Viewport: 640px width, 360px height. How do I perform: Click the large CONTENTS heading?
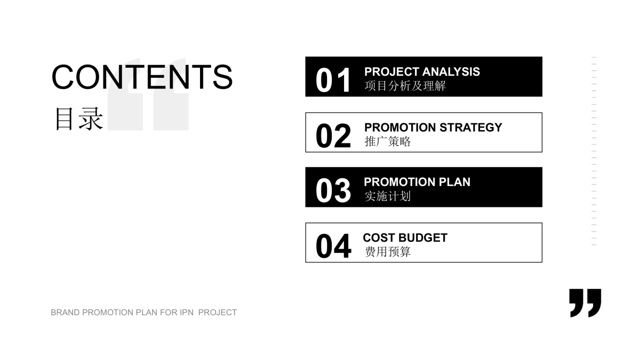point(142,77)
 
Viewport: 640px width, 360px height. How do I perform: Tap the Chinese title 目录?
point(79,119)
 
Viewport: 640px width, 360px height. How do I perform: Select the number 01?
point(333,81)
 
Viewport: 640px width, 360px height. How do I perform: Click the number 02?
point(333,135)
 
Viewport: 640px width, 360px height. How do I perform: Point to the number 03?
point(333,190)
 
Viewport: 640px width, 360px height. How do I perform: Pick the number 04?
point(333,246)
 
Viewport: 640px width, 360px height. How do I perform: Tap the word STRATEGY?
point(470,127)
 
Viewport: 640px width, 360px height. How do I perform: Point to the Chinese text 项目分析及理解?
point(405,86)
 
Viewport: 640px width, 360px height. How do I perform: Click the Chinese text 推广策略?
point(387,141)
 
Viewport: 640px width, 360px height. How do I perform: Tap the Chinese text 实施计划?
point(387,196)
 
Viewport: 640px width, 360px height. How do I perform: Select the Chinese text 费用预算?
point(387,252)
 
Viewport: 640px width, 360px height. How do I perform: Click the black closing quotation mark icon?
point(585,303)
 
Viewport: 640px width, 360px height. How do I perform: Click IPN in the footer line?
point(187,313)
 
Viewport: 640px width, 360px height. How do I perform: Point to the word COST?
point(379,238)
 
